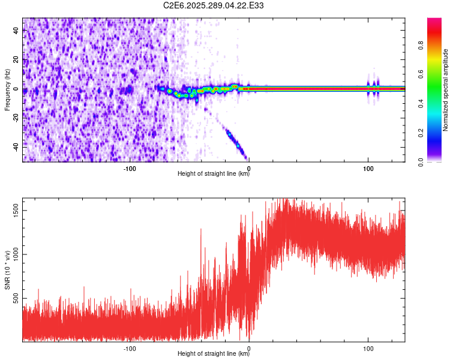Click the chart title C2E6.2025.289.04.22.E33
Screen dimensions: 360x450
click(214, 5)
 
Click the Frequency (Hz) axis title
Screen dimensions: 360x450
click(7, 90)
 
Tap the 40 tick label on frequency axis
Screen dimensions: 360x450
click(16, 31)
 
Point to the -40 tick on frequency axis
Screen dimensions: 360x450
click(16, 146)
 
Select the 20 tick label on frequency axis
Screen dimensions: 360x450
click(16, 60)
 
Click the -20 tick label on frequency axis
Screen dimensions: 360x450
click(16, 118)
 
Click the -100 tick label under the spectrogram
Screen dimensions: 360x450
click(130, 168)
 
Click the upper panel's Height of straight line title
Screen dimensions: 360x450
click(214, 174)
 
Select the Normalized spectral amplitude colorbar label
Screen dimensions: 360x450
click(446, 90)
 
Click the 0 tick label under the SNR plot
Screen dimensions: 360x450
click(249, 348)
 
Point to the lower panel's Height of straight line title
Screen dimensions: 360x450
click(214, 354)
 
